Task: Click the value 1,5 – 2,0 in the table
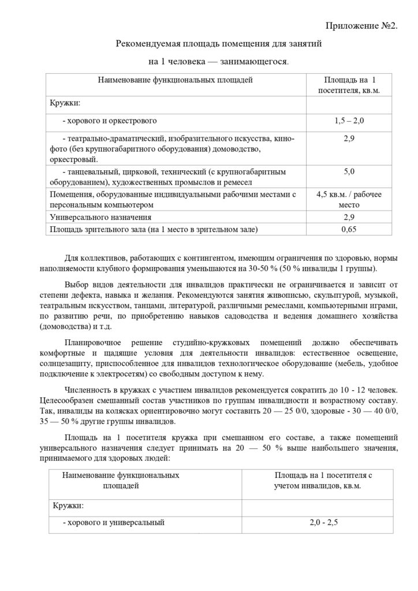349,121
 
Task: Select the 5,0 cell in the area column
349,171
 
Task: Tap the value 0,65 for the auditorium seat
349,229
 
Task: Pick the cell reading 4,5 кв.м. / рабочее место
349,199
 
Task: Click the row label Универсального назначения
101,217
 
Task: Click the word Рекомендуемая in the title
148,43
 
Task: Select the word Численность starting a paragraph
88,390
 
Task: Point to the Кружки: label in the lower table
68,506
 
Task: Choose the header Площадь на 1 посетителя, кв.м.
349,85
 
